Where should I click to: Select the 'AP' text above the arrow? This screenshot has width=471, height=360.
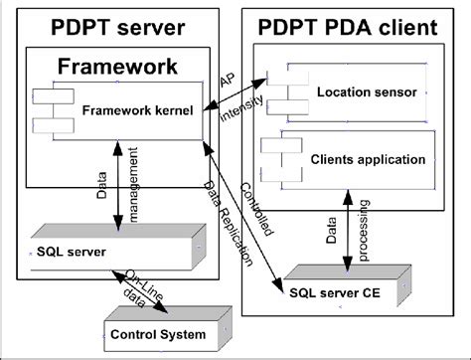click(x=228, y=80)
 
